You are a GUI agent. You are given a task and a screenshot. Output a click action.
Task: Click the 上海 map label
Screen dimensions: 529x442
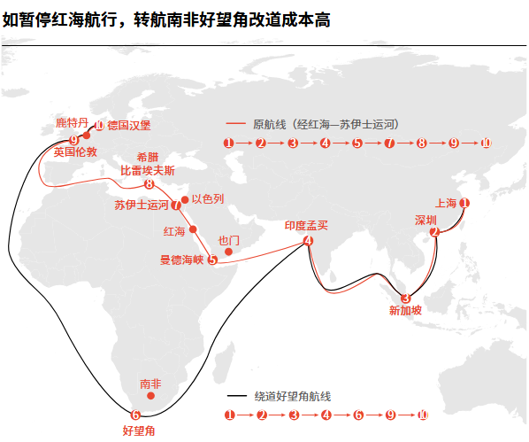coord(446,203)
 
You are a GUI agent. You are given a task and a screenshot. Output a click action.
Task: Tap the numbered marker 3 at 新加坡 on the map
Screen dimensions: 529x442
coord(405,299)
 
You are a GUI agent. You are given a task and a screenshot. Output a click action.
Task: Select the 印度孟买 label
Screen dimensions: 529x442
coord(306,225)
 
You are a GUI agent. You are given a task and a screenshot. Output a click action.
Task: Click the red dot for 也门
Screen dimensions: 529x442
coord(228,252)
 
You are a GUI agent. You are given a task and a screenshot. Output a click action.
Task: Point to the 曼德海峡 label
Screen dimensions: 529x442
coord(182,260)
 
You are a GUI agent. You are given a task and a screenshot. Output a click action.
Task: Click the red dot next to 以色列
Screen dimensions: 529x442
coord(185,200)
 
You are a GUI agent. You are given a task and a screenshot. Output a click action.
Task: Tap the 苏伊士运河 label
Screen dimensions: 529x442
coord(142,205)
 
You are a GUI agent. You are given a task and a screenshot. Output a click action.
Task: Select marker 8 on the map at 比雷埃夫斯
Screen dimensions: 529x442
coord(149,184)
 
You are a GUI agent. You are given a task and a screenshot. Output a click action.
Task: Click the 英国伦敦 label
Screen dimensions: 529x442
coord(75,151)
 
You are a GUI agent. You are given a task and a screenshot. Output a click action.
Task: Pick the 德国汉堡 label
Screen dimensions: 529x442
coord(129,126)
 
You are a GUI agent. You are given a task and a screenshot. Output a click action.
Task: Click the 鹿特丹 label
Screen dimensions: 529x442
coord(72,122)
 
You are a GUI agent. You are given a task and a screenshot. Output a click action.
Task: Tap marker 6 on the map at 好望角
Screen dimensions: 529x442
coord(135,415)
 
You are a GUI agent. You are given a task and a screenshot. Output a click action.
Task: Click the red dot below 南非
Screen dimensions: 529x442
coord(150,396)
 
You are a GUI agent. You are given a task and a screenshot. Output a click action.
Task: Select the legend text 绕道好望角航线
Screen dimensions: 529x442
coord(293,396)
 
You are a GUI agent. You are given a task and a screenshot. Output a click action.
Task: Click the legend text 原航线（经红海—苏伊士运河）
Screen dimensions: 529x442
coord(326,124)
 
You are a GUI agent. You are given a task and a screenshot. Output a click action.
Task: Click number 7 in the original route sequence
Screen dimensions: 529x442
coord(389,143)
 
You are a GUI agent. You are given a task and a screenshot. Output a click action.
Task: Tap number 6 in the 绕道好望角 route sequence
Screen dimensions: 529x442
coord(358,415)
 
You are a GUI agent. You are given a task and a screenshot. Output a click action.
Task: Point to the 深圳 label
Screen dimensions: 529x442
coord(425,221)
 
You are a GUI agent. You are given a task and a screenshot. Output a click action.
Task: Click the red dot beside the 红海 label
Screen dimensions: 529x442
coord(193,229)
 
